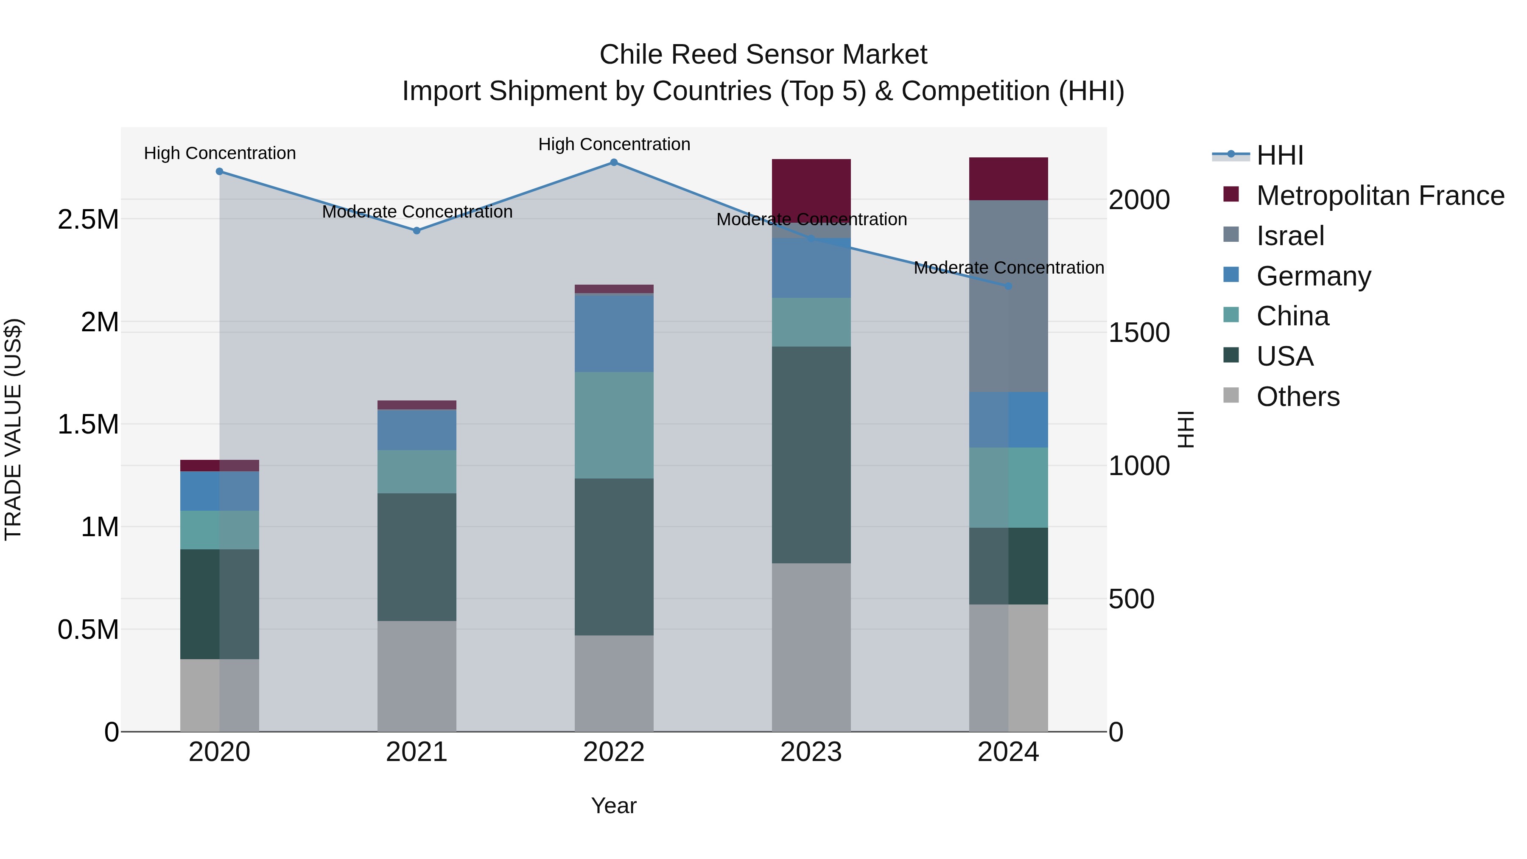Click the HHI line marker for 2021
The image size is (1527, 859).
(x=417, y=231)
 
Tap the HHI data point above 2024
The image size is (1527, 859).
(x=1008, y=286)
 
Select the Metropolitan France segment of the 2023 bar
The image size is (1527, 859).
(x=811, y=190)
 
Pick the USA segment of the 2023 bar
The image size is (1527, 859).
(x=811, y=455)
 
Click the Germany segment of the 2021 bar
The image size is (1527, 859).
(x=417, y=430)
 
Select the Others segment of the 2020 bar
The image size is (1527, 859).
(x=219, y=695)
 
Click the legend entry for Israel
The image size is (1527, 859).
(x=1290, y=236)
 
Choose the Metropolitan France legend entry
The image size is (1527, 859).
(x=1379, y=196)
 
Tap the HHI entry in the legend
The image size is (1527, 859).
(x=1279, y=155)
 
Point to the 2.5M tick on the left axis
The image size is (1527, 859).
(x=88, y=219)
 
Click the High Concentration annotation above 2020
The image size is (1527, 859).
(x=219, y=153)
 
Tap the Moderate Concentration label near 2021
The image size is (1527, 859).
(x=417, y=212)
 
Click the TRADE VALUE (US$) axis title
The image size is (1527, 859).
(x=13, y=429)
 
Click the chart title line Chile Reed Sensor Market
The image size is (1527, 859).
(x=763, y=55)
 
